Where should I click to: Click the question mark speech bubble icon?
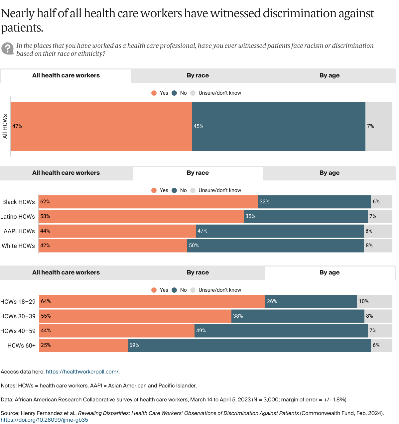pyautogui.click(x=7, y=49)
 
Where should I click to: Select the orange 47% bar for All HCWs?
pyautogui.click(x=101, y=126)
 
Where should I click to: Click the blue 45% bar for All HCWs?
pyautogui.click(x=279, y=126)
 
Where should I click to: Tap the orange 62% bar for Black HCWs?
pyautogui.click(x=148, y=202)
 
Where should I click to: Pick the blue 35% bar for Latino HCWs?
pyautogui.click(x=306, y=216)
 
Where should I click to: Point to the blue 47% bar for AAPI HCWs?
pyautogui.click(x=280, y=231)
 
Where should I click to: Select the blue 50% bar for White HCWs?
pyautogui.click(x=276, y=246)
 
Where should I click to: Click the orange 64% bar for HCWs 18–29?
pyautogui.click(x=152, y=301)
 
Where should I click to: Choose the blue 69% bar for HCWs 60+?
pyautogui.click(x=249, y=345)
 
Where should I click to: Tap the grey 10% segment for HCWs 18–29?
pyautogui.click(x=375, y=301)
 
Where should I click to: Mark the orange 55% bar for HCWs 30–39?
pyautogui.click(x=135, y=316)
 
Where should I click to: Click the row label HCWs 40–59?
pyautogui.click(x=18, y=331)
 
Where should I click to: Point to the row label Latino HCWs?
pyautogui.click(x=18, y=217)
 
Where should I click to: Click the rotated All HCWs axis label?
pyautogui.click(x=5, y=126)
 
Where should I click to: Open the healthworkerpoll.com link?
pyautogui.click(x=82, y=372)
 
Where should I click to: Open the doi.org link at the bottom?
pyautogui.click(x=44, y=420)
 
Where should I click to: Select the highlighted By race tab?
pyautogui.click(x=198, y=173)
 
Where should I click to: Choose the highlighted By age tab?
pyautogui.click(x=330, y=273)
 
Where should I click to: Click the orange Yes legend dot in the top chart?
pyautogui.click(x=154, y=93)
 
